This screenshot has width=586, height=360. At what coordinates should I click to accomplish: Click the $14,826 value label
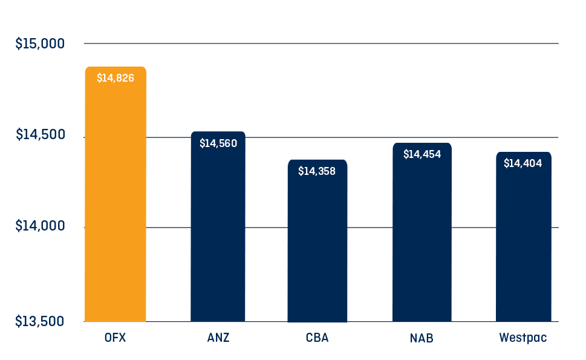(116, 78)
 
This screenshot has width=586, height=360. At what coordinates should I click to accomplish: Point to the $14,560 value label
(218, 143)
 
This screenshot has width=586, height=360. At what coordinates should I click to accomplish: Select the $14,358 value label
(317, 171)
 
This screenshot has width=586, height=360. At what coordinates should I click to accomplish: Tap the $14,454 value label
(422, 154)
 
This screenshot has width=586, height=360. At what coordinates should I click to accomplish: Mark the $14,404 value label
(523, 163)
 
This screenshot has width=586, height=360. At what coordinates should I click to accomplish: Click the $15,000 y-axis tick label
(40, 44)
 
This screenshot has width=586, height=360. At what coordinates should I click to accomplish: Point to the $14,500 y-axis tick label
(40, 135)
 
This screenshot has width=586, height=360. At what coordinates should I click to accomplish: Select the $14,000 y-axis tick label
(40, 226)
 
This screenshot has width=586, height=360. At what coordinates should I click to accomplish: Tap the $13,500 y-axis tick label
(40, 321)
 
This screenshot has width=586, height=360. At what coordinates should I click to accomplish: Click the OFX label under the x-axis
(115, 338)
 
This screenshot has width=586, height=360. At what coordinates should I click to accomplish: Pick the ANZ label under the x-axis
(218, 338)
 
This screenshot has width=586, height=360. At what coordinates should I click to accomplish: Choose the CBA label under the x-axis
(317, 338)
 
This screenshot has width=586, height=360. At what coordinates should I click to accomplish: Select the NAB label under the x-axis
(422, 338)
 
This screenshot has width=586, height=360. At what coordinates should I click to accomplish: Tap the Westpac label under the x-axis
(523, 338)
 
